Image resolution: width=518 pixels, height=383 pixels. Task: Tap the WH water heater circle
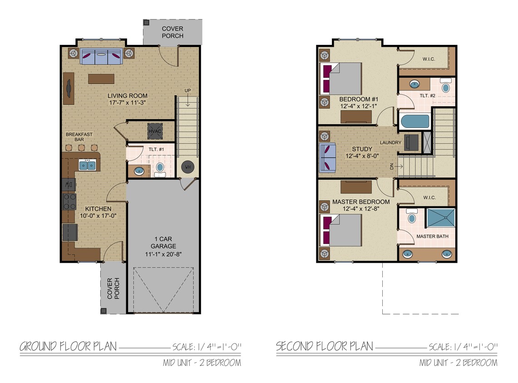187,167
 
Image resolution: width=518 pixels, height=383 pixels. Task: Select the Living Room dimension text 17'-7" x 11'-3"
128,103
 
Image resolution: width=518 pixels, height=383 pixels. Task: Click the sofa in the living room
101,56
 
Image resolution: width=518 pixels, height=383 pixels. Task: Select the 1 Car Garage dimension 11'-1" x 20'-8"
163,254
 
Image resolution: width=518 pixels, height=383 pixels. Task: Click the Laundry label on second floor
390,142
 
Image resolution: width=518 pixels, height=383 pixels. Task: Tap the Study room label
362,149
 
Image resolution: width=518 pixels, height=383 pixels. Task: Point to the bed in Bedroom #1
341,78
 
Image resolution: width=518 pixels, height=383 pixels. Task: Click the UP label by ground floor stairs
187,90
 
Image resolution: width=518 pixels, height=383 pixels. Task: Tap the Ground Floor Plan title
68,347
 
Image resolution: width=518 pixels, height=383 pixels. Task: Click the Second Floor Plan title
325,347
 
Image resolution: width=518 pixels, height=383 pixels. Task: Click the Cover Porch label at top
173,32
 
